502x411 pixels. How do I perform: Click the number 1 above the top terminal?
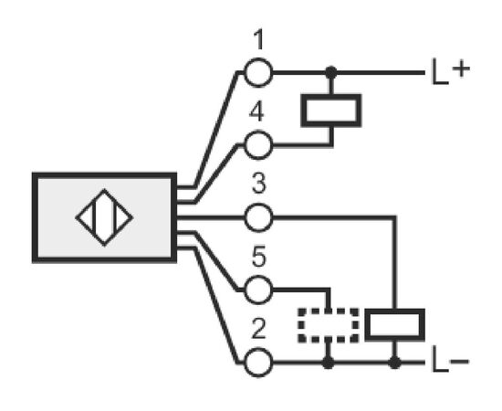[x=258, y=39]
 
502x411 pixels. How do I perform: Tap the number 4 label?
[x=256, y=111]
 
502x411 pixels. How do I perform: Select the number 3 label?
[x=258, y=184]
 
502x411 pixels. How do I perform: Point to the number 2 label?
[x=258, y=329]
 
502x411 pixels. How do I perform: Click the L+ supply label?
[x=451, y=71]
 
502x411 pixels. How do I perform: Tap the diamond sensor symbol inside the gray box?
[x=104, y=218]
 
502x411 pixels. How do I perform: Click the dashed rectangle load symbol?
[x=329, y=325]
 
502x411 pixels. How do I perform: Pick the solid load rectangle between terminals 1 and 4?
[x=331, y=111]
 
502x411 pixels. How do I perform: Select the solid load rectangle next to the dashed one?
[x=394, y=324]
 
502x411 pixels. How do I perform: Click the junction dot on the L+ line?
[x=331, y=73]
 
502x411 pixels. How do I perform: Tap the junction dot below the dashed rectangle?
[x=328, y=363]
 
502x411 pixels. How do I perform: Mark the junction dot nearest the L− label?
[x=394, y=363]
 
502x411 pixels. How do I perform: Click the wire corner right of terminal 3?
[x=394, y=218]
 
